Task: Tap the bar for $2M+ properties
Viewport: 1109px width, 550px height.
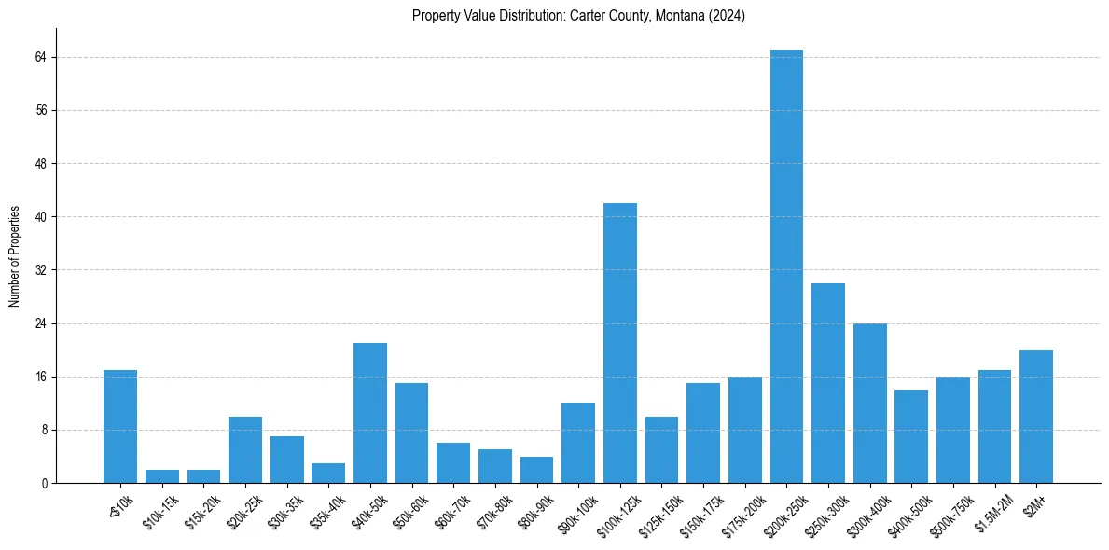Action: coord(1036,417)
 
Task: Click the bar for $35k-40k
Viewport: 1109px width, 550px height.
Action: coord(328,474)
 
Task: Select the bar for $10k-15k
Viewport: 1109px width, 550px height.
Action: coord(162,476)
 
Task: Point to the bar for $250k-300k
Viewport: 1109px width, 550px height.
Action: coord(828,383)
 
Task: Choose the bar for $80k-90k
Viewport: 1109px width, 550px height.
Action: coord(536,470)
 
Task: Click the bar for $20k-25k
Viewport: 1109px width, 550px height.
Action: coord(245,450)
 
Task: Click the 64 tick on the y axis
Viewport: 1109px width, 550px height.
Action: coord(40,57)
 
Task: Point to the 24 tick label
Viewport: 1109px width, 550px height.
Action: coord(40,323)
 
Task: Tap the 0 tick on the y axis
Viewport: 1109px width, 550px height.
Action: coord(43,484)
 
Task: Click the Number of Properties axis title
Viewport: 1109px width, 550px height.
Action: coord(14,256)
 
